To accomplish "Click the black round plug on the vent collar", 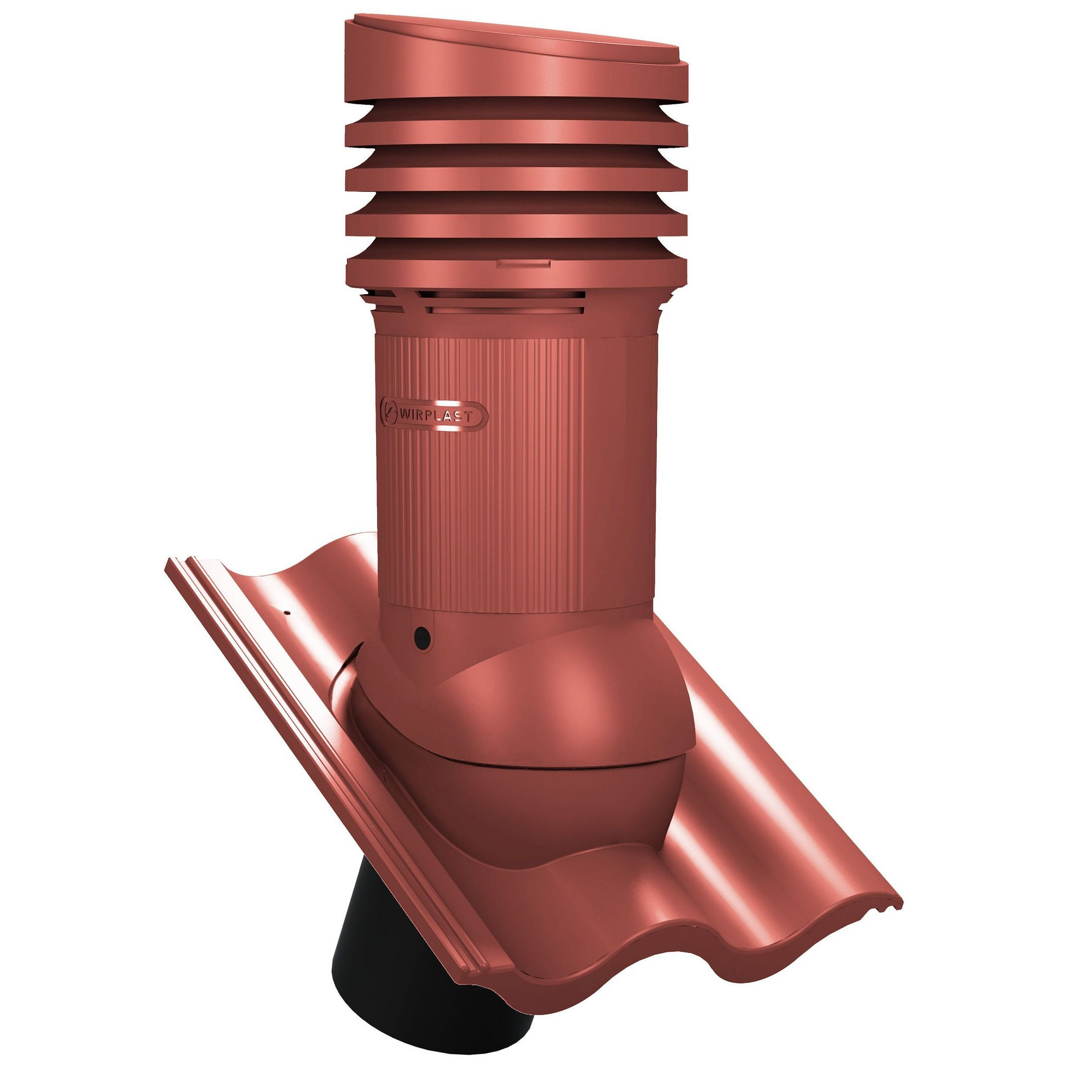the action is point(423,637).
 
